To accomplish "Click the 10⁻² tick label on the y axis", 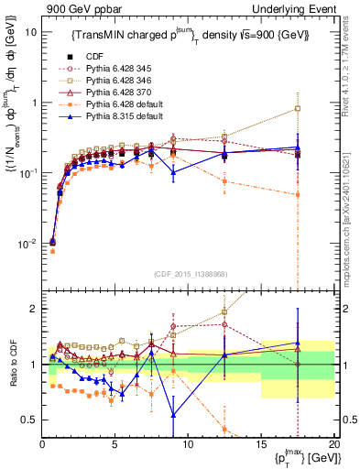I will (27, 244).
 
